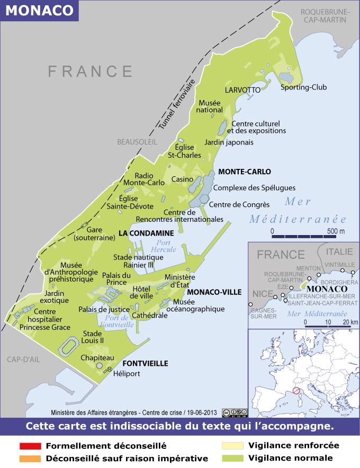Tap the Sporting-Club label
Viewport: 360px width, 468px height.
[x=303, y=87]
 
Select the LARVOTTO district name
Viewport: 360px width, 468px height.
[x=242, y=90]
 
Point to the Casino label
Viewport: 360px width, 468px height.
[x=182, y=179]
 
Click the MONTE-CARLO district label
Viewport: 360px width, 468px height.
[x=244, y=172]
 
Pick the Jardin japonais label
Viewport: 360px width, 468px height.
[x=229, y=142]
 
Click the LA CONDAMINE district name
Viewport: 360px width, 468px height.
[x=146, y=233]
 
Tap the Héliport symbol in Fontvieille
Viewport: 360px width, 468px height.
[x=110, y=368]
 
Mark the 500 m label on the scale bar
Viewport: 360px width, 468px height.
[x=335, y=231]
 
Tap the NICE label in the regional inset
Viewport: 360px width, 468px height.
[x=262, y=293]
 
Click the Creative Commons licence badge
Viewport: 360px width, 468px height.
[x=235, y=412]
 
